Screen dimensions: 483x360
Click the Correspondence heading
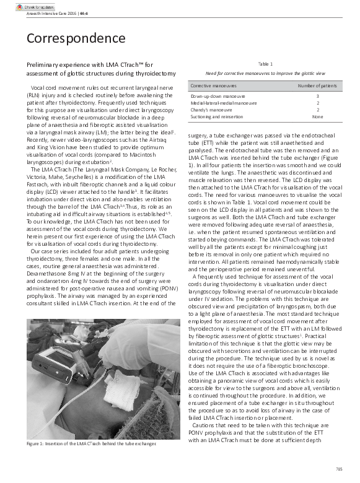(76, 38)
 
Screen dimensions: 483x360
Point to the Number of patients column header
(317, 85)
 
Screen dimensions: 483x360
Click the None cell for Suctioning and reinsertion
(317, 116)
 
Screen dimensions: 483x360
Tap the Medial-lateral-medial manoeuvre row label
(223, 103)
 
